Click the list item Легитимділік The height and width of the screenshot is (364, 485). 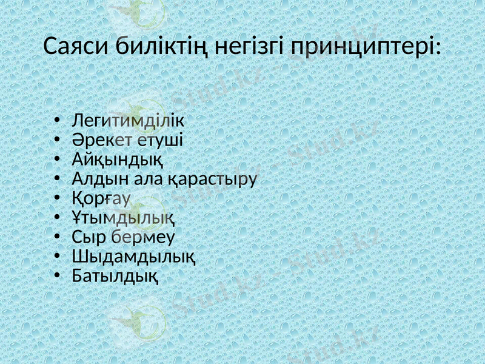128,121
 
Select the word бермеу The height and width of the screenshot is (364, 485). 138,237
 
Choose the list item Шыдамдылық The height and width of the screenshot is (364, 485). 133,256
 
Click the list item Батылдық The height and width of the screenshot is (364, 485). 116,276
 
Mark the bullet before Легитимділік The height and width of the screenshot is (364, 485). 56,121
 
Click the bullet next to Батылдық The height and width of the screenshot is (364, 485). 56,276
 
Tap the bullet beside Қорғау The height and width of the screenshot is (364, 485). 56,198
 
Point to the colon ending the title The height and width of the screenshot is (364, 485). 438,48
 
